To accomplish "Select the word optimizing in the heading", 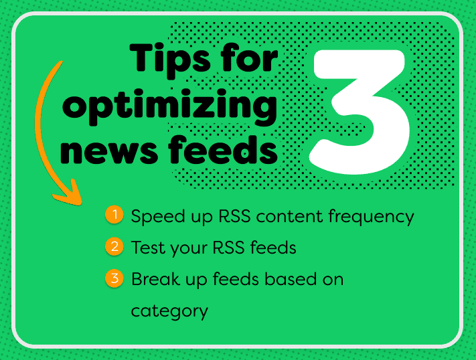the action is point(170,107).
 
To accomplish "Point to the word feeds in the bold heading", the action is point(223,149).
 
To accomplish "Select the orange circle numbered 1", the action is point(114,215).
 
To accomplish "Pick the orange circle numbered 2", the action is point(114,246).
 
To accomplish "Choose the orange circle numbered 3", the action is point(114,278).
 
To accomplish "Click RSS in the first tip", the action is point(234,216).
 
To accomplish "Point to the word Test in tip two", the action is point(148,248).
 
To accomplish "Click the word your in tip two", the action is point(189,250).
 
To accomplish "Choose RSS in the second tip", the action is point(228,248).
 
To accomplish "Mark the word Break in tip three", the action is point(155,278).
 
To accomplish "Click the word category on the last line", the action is point(169,312).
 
